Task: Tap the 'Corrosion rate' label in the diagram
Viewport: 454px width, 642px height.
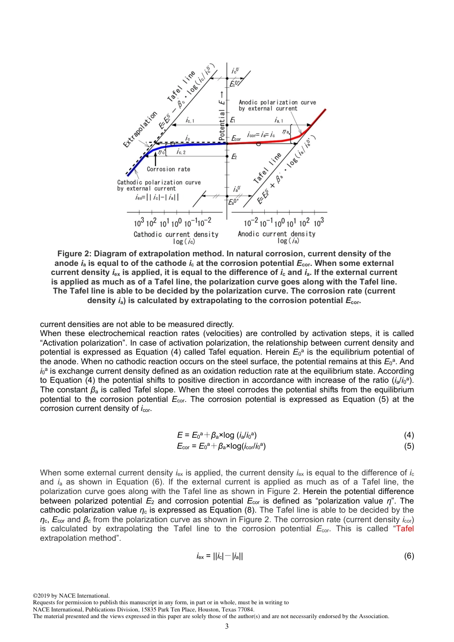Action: [168, 169]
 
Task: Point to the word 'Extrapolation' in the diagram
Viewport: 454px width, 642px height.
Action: [140, 129]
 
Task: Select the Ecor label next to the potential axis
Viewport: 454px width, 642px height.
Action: [237, 139]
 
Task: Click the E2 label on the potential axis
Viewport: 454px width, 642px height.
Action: [234, 157]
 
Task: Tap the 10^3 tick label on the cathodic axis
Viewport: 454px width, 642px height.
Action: [139, 223]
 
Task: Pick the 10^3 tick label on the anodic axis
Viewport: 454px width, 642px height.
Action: [319, 222]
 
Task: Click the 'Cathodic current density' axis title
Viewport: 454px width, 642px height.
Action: [176, 234]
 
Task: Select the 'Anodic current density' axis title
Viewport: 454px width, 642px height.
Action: [277, 234]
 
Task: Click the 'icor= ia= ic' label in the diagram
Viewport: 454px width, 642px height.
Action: [261, 135]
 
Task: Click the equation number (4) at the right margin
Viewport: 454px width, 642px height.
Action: [409, 435]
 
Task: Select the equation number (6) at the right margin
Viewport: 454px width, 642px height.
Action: [409, 556]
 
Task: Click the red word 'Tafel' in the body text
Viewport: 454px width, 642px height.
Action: [405, 528]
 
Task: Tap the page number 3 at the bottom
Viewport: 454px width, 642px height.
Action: [227, 626]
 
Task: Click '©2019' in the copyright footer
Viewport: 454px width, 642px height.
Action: [42, 596]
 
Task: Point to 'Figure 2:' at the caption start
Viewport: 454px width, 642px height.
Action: [74, 254]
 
